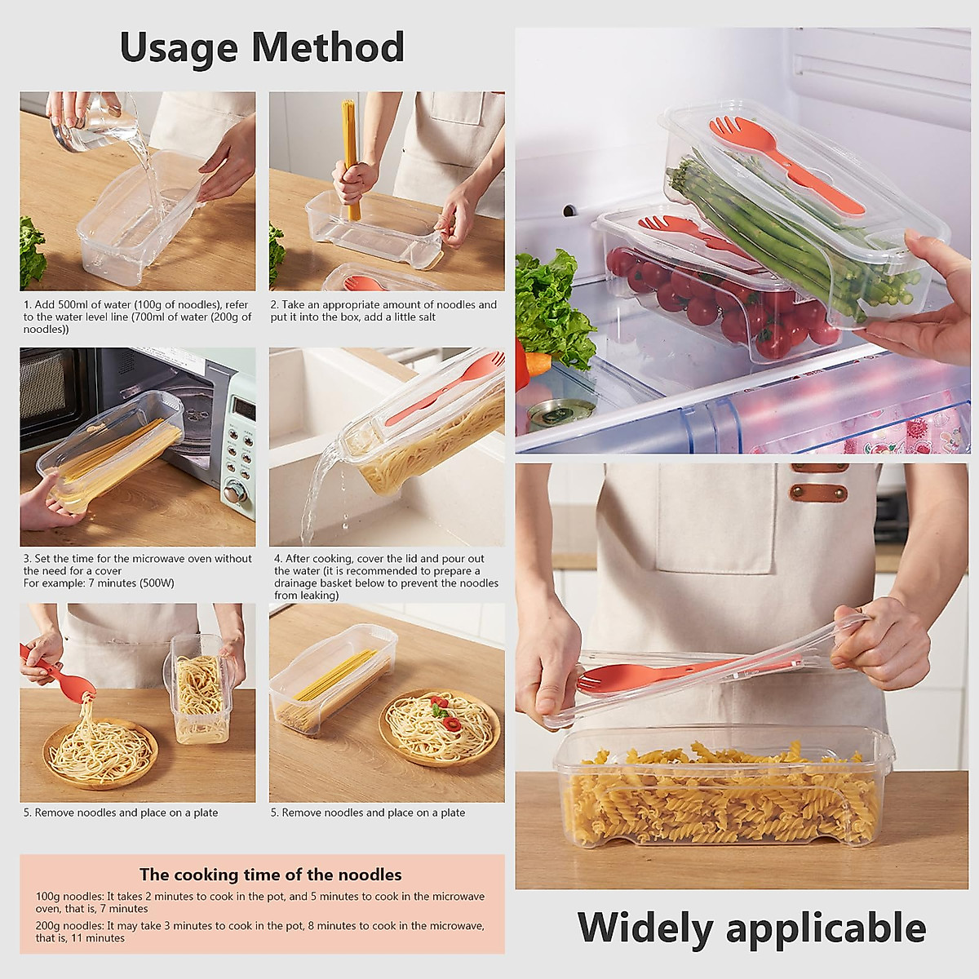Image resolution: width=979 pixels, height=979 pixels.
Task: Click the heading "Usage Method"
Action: [x=262, y=47]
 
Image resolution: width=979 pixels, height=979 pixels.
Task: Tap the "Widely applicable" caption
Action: [x=751, y=928]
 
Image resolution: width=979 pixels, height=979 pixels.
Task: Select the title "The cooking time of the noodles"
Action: [x=270, y=875]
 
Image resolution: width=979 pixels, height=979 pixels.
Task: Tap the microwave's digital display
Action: [x=242, y=405]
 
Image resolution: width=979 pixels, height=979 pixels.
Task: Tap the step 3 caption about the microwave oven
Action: [x=137, y=570]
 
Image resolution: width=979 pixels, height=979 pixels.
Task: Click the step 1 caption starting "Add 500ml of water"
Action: [x=137, y=317]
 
